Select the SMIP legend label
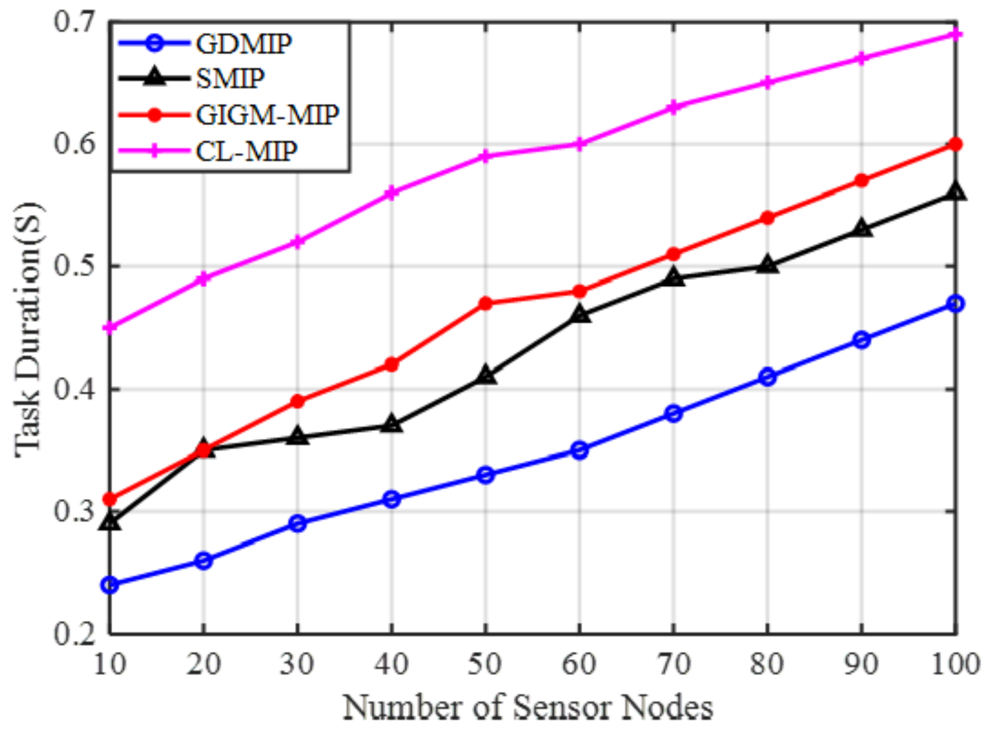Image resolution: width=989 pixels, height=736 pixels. coord(230,78)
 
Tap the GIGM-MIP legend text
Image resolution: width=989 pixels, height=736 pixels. coord(267,115)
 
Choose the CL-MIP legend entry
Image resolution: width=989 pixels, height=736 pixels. coord(246,151)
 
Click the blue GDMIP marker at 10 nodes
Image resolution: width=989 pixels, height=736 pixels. coord(110,585)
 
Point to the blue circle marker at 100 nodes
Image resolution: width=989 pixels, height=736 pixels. coord(955,304)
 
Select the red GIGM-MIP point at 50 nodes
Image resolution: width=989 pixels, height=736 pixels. coord(486,304)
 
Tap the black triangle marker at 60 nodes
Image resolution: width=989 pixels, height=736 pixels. coord(579,315)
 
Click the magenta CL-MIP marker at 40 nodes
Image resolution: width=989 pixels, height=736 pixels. coord(391,193)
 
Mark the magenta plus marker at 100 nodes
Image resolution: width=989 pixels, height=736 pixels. coord(955,35)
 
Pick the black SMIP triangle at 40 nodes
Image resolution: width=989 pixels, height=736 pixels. coord(391,424)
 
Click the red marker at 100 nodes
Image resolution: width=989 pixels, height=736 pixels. coord(955,144)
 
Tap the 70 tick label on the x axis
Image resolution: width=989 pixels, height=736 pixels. coord(673,664)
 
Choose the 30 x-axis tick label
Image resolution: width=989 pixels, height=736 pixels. coord(297,664)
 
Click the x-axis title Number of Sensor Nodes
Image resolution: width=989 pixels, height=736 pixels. coord(528,708)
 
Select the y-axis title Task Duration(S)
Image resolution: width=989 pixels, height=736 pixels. coord(29,330)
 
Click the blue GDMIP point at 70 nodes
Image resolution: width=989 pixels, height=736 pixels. coord(673,413)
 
